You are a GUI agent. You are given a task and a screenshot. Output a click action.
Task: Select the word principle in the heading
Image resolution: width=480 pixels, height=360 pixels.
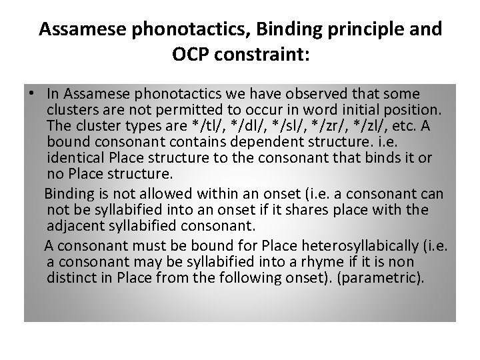point(371,30)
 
